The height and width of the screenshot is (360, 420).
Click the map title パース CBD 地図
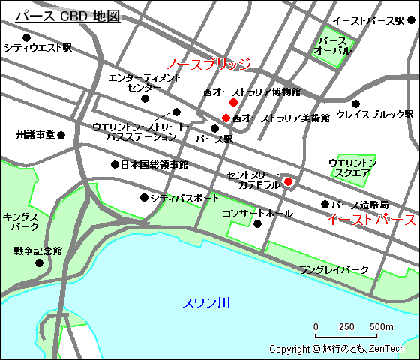[67, 16]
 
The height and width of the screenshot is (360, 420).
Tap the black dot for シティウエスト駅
[27, 37]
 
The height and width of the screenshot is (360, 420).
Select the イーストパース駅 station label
[368, 20]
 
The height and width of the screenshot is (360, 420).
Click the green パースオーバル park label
[332, 46]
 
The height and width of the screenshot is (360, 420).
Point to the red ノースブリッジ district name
[208, 64]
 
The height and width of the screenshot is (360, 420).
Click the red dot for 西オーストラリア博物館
[233, 102]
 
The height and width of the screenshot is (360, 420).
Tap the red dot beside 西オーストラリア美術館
[226, 118]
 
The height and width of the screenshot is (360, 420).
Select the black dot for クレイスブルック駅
[356, 103]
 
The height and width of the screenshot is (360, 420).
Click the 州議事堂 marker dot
[61, 136]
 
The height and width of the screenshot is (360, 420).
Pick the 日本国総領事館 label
[154, 164]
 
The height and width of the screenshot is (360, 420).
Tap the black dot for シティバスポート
[144, 198]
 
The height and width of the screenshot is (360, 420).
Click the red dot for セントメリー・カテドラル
[288, 181]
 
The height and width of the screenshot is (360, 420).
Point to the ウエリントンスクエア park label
[352, 168]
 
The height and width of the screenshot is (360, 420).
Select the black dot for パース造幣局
[325, 204]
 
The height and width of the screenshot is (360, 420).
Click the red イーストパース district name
[370, 220]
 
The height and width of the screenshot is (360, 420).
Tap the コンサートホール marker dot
[257, 223]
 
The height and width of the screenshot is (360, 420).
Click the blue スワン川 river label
[207, 303]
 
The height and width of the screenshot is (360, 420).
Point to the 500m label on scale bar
[382, 327]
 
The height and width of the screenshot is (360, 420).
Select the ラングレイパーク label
[334, 269]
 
